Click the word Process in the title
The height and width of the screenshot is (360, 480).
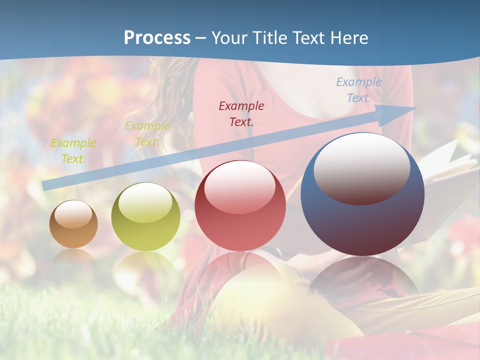point(157,38)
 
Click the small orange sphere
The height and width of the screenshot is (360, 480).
point(73,224)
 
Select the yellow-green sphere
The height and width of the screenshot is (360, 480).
point(145,217)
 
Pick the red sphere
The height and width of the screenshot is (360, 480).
point(240,206)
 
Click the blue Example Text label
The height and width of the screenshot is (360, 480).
point(358,90)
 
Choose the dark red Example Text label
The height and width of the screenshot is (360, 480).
point(241,113)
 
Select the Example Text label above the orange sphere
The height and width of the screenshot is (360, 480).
point(73,150)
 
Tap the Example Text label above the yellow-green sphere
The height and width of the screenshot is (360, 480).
point(147,133)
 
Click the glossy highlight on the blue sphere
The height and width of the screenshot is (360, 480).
point(361,168)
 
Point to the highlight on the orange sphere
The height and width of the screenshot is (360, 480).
point(73,214)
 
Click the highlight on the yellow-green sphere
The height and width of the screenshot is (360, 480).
point(145,202)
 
